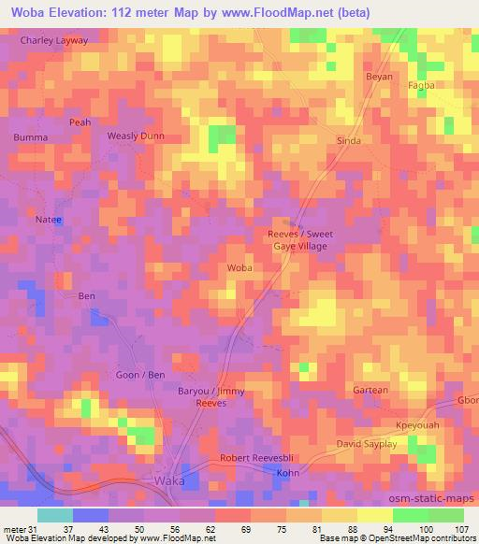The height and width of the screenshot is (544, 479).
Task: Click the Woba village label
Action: [239, 267]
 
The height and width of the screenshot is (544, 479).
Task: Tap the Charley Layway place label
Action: [54, 41]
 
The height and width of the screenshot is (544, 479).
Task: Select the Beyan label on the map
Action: [379, 77]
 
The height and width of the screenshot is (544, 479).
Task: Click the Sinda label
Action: [348, 140]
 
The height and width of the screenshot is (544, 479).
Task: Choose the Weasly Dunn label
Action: [136, 136]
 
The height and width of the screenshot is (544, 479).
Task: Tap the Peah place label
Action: [80, 122]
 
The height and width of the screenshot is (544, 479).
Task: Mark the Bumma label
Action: [30, 137]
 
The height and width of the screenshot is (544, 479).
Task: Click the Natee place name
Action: [48, 220]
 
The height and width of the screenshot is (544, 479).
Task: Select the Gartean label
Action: [370, 390]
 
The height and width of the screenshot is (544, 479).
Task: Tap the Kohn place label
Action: [286, 474]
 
